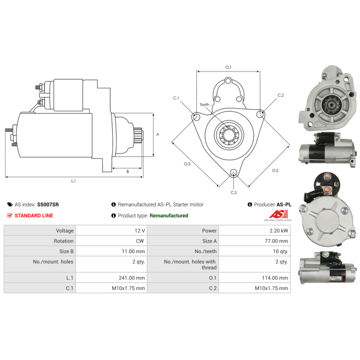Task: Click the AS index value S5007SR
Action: coord(48,204)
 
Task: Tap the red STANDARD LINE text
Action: coord(34,216)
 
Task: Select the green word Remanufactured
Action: coord(169,216)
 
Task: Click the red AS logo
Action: coord(279,214)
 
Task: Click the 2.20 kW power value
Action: coord(279,231)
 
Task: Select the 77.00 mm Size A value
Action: coord(276,241)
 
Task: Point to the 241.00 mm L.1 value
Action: coord(132,278)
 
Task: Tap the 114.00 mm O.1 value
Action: coord(275,278)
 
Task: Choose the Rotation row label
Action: coord(63,241)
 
